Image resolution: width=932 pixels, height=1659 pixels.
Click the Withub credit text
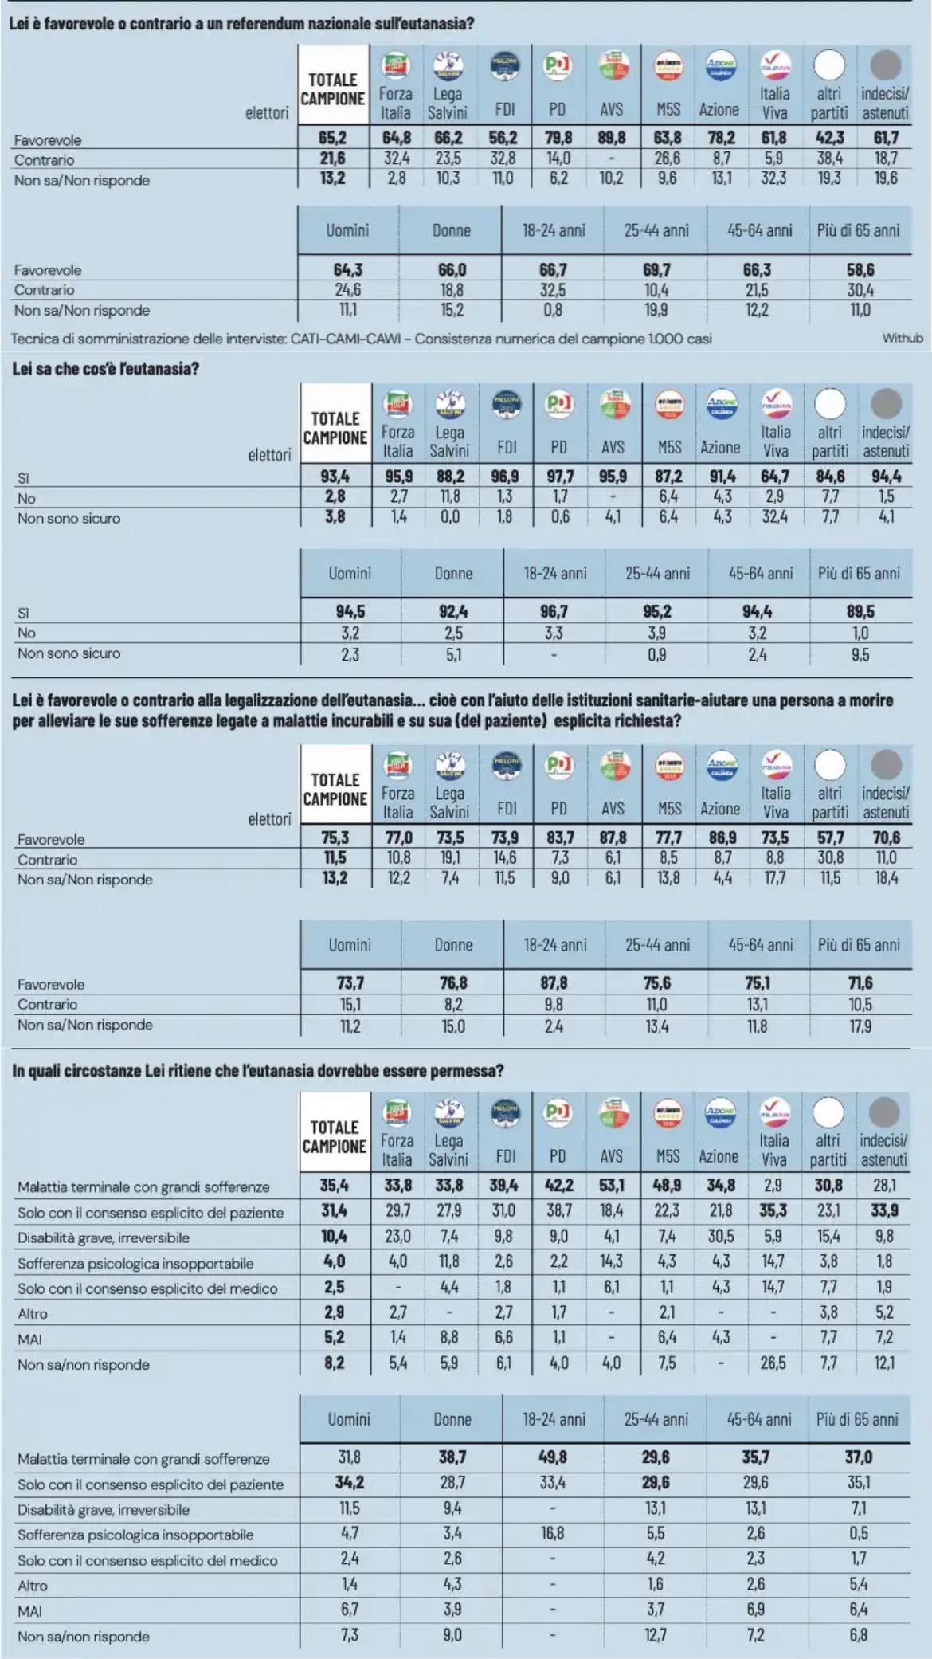pos(903,338)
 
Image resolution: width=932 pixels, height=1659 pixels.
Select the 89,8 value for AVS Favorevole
pos(611,138)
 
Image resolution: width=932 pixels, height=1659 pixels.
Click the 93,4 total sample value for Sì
pos(335,477)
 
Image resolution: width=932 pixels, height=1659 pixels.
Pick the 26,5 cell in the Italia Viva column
pos(773,1363)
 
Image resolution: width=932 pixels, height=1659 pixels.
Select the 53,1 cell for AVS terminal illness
pos(612,1186)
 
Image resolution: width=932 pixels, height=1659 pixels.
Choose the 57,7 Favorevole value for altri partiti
pos(829,837)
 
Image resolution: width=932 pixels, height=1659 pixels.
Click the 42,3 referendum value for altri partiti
pos(829,138)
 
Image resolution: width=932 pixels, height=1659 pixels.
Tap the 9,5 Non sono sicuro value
pos(860,655)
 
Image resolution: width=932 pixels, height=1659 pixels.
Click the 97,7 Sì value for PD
pos(559,477)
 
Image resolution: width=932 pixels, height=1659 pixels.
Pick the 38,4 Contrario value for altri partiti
pos(829,159)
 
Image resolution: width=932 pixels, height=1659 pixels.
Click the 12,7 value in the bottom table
pos(656,1635)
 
